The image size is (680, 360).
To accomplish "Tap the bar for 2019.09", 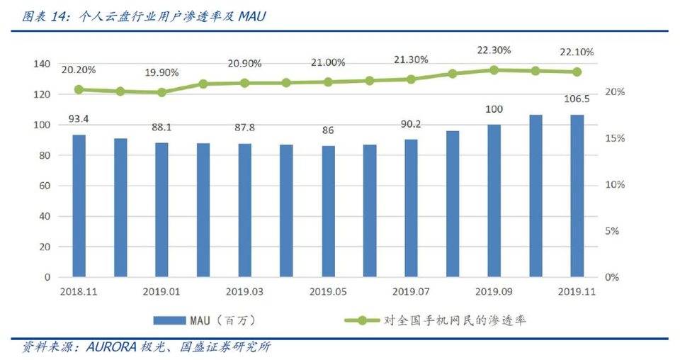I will pyautogui.click(x=494, y=201).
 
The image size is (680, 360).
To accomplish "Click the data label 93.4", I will pyautogui.click(x=79, y=118).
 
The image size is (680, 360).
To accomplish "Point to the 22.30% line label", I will pyautogui.click(x=494, y=50).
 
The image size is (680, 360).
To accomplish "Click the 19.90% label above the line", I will pyautogui.click(x=161, y=73).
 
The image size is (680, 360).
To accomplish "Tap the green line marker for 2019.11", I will pyautogui.click(x=577, y=72).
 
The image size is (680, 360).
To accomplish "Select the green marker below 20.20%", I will pyautogui.click(x=79, y=90).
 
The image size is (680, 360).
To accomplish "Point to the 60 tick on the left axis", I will pyautogui.click(x=44, y=186).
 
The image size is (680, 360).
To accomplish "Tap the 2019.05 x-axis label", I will pyautogui.click(x=327, y=291).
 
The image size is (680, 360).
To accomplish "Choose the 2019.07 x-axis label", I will pyautogui.click(x=411, y=291).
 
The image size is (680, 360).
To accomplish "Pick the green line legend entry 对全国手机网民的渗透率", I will pyautogui.click(x=453, y=320).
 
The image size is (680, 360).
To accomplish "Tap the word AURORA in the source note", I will pyautogui.click(x=113, y=347).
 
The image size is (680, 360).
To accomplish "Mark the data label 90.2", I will pyautogui.click(x=411, y=125).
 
